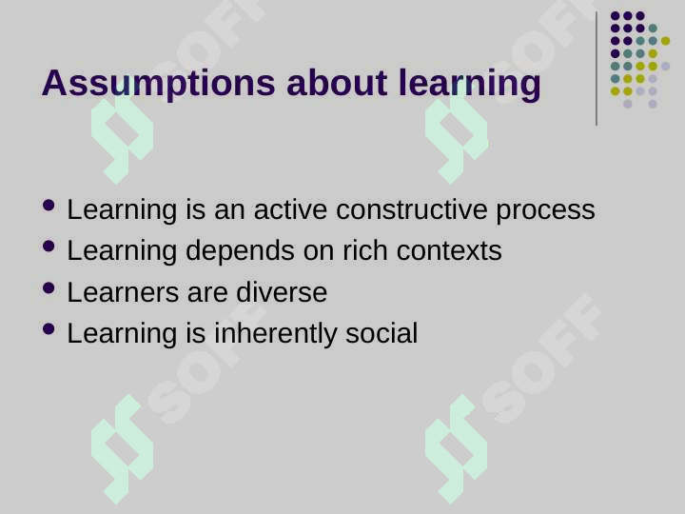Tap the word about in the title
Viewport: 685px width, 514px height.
pyautogui.click(x=337, y=82)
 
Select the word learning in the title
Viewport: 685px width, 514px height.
pyautogui.click(x=470, y=84)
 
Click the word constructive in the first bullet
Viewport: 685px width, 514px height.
pyautogui.click(x=411, y=209)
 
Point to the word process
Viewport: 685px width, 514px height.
pyautogui.click(x=545, y=211)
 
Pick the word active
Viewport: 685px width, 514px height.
pyautogui.click(x=290, y=209)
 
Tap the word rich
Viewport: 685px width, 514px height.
pyautogui.click(x=364, y=250)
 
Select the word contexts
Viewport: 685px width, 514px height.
pyautogui.click(x=449, y=251)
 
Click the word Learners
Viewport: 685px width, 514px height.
pyautogui.click(x=123, y=292)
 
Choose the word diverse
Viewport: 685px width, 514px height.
pyautogui.click(x=282, y=292)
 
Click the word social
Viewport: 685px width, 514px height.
pyautogui.click(x=382, y=333)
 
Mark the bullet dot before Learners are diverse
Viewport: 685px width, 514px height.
pyautogui.click(x=49, y=288)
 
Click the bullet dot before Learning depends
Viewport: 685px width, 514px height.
pyautogui.click(x=49, y=247)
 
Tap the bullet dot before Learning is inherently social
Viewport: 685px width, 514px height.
pyautogui.click(x=49, y=328)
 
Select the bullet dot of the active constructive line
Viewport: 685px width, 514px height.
pyautogui.click(x=49, y=205)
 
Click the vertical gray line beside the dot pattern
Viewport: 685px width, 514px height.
pyautogui.click(x=597, y=69)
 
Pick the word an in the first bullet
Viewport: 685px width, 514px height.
pyautogui.click(x=229, y=211)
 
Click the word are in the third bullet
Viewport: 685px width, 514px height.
pyautogui.click(x=207, y=294)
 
